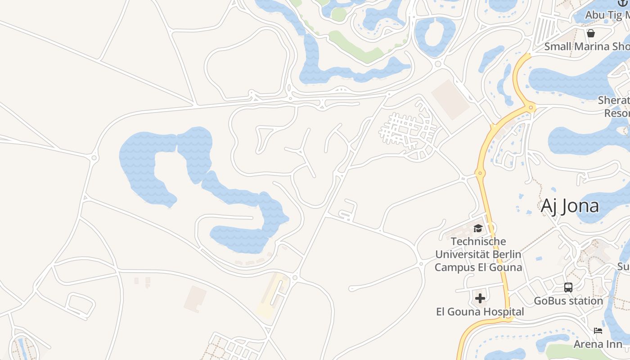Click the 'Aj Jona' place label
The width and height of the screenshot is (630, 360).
570,206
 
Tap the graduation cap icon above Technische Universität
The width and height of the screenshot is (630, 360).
478,229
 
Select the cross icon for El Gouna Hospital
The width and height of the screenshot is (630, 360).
480,298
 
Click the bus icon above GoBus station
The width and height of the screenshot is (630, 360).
568,287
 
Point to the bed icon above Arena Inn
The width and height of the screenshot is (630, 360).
598,331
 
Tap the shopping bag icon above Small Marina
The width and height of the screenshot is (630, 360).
591,33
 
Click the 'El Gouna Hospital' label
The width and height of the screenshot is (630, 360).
480,311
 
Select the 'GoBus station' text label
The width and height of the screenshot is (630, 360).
568,301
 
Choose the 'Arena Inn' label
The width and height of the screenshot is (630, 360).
598,344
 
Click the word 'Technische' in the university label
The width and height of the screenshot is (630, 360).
478,242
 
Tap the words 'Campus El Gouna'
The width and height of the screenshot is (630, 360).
478,267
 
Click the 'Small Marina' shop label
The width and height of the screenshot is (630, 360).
585,46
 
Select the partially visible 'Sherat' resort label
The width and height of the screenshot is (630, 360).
615,100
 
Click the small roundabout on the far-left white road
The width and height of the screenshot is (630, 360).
94,157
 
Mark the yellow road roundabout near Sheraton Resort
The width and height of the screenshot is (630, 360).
531,108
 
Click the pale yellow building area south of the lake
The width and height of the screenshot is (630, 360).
272,295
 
